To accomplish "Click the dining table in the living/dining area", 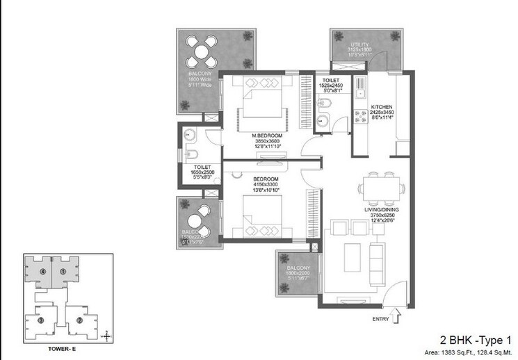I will tap(382, 185).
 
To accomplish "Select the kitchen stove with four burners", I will tap(362, 116).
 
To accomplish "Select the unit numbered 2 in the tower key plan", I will tap(79, 320).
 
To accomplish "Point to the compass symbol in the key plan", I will tap(105, 336).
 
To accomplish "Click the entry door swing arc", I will tap(389, 288).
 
